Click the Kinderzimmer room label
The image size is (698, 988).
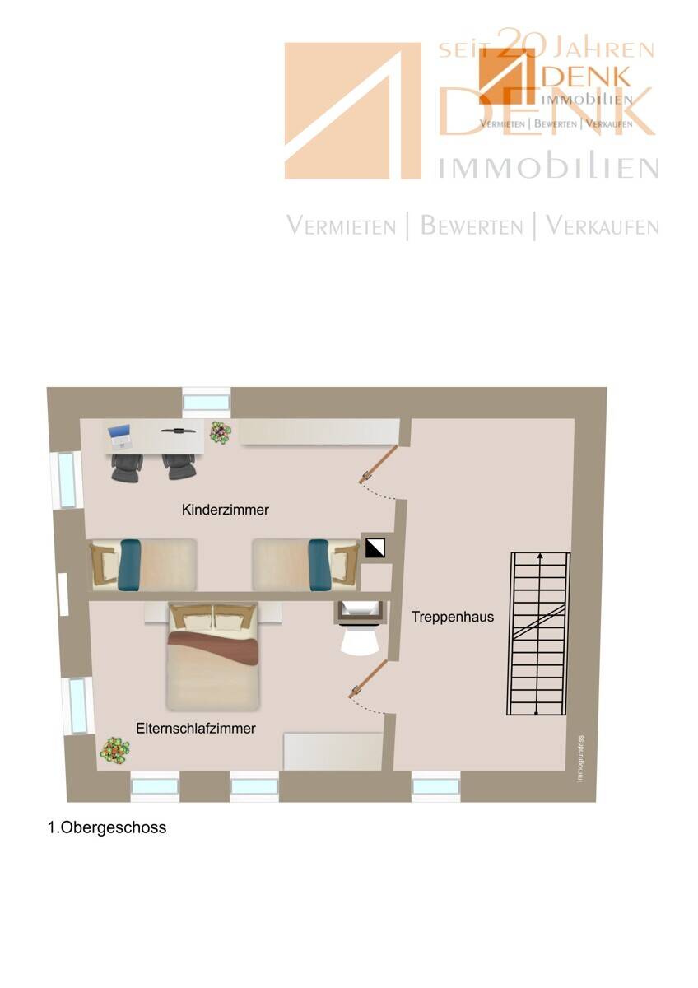[x=225, y=510]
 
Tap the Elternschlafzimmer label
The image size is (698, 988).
[x=196, y=729]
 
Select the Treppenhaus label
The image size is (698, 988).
[x=453, y=616]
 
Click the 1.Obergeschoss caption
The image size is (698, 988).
[x=107, y=827]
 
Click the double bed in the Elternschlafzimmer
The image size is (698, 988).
[x=212, y=656]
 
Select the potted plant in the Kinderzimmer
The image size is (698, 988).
[x=220, y=431]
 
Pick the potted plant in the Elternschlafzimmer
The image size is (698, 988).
[x=114, y=749]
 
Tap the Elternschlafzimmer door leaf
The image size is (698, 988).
[x=369, y=679]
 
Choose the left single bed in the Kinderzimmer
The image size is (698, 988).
[x=142, y=564]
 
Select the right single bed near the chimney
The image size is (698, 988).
[x=305, y=564]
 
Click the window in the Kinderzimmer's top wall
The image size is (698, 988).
[x=205, y=402]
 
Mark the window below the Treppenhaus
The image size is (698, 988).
[x=435, y=786]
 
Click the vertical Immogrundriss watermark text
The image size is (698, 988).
[x=580, y=757]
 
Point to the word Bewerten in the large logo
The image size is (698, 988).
[x=472, y=226]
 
